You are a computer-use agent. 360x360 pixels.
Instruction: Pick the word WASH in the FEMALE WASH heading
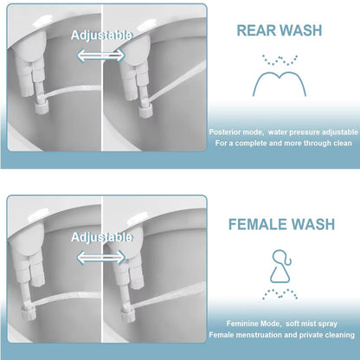312,225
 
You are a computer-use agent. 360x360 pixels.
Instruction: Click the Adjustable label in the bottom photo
102,236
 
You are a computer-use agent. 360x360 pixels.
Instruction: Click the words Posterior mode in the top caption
233,132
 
